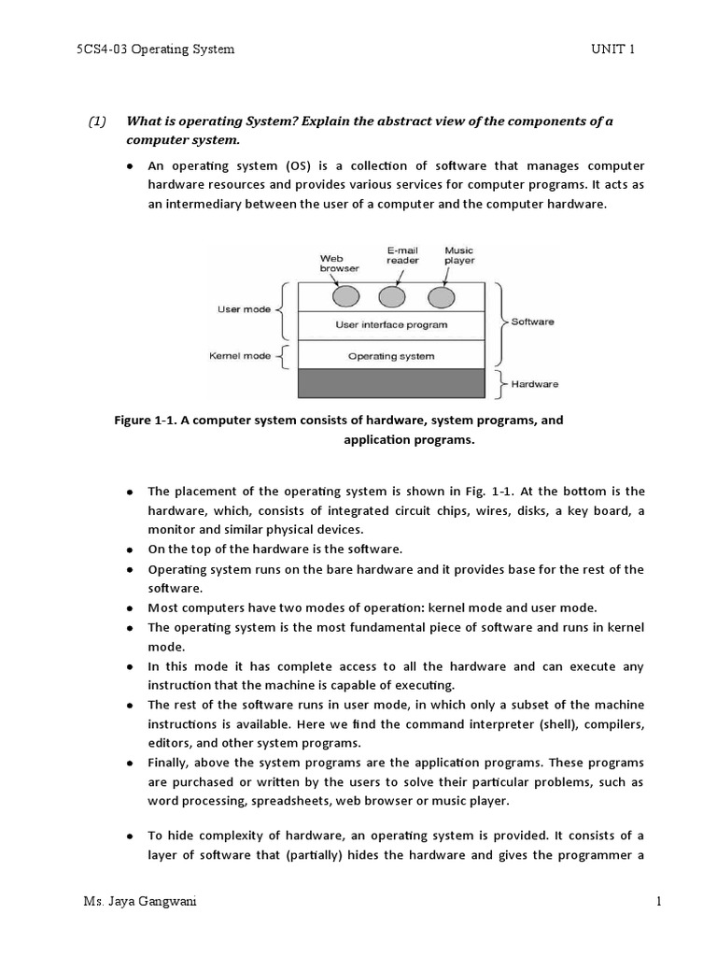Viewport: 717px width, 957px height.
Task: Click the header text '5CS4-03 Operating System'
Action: tap(155, 50)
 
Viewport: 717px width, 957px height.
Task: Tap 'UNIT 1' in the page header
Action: tap(612, 50)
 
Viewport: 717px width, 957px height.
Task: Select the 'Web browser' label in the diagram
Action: tap(338, 264)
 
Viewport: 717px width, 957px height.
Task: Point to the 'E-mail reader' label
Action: tap(402, 256)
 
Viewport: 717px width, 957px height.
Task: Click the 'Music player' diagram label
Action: tap(458, 256)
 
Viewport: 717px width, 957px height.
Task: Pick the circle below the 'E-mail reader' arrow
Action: tap(392, 297)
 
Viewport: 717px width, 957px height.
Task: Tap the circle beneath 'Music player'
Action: tap(441, 297)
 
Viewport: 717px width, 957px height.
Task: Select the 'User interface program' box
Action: tap(391, 325)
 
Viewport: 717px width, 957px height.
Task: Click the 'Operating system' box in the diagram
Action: tap(391, 356)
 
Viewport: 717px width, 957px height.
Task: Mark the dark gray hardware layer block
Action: tap(391, 384)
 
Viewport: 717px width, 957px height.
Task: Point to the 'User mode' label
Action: tap(244, 309)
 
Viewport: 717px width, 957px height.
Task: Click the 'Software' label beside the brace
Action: tap(532, 321)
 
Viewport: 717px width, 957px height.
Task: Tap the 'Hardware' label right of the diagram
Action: tap(534, 384)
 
